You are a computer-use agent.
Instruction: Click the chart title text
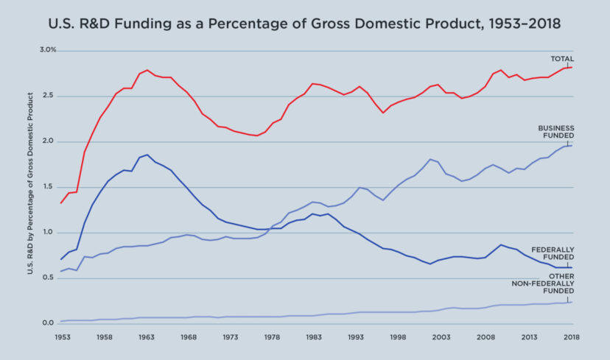tap(304, 24)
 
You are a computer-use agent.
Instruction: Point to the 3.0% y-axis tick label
tap(48, 50)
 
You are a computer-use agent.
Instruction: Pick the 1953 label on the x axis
tap(62, 336)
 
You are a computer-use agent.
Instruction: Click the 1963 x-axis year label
tap(147, 336)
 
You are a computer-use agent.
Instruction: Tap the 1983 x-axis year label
tap(316, 336)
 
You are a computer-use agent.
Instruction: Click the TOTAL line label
tap(562, 59)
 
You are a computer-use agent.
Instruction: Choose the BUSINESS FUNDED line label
tap(555, 132)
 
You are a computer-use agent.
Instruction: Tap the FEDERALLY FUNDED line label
tap(553, 254)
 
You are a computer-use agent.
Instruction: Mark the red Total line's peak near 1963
tap(147, 70)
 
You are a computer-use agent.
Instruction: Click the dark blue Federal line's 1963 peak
tap(147, 155)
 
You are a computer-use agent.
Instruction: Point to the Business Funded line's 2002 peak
tap(430, 159)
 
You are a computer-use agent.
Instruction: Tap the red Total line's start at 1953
tap(62, 202)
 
